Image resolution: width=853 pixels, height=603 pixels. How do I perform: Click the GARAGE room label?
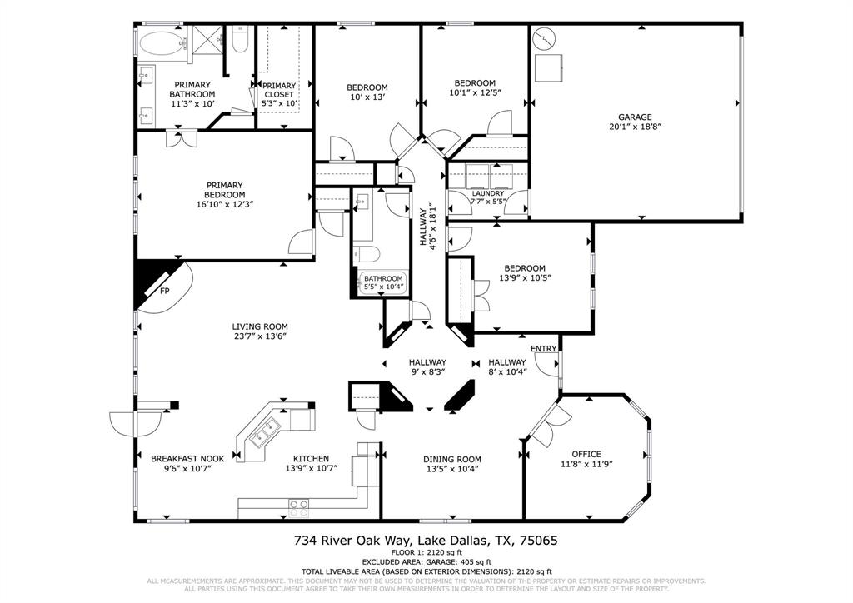(635, 117)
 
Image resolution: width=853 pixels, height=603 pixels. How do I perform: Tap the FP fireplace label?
(165, 292)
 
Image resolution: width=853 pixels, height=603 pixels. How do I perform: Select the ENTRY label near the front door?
(543, 349)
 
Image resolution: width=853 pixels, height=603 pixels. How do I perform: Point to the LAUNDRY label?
(488, 193)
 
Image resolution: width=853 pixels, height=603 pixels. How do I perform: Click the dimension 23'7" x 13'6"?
(260, 337)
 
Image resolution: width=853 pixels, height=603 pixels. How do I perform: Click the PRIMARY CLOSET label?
(278, 90)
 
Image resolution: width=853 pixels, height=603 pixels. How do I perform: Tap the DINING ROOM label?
(452, 459)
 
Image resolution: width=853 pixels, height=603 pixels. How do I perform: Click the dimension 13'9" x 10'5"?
(525, 278)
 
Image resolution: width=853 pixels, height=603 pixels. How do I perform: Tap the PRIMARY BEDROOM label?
(225, 190)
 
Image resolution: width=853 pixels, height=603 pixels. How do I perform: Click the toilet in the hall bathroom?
(367, 253)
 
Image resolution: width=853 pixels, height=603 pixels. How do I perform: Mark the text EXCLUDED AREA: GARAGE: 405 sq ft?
(426, 562)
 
